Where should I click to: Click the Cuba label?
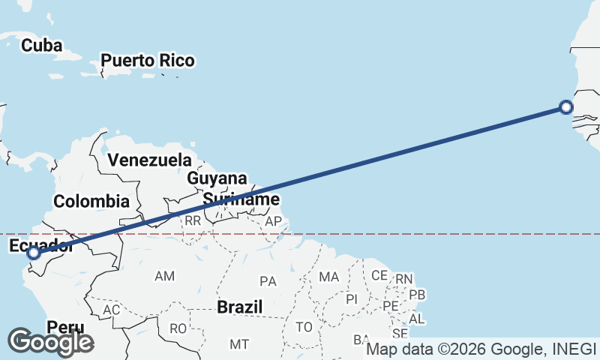coord(41,46)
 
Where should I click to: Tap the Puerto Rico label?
coord(148,60)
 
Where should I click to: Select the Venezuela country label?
coord(149,160)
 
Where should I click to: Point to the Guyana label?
coord(217,178)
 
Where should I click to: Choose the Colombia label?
coord(91,201)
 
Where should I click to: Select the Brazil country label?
coord(240,307)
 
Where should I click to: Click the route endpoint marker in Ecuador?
coord(33,253)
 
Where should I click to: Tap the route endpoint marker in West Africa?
coord(566,107)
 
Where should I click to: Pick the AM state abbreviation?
coord(164,276)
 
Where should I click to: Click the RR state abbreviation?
coord(193,220)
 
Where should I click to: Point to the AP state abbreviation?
coord(272,221)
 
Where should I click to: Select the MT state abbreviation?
coord(239,344)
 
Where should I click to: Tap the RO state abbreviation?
coord(178,328)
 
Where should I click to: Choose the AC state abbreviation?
coord(112,310)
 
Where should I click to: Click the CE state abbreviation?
coord(379,275)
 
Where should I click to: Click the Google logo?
coord(51,342)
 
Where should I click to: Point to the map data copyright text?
coord(481,349)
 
